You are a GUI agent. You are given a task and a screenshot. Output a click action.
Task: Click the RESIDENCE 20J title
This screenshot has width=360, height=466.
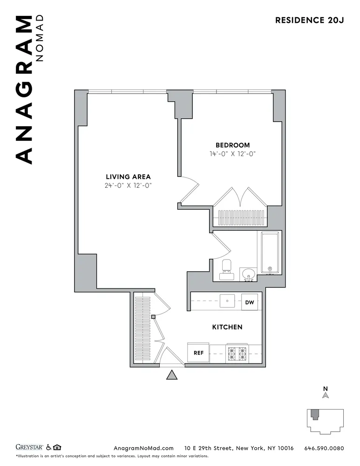(309, 20)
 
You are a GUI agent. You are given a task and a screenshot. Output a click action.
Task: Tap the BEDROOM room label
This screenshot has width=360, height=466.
(232, 145)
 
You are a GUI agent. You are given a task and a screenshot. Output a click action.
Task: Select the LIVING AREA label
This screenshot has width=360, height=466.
(128, 177)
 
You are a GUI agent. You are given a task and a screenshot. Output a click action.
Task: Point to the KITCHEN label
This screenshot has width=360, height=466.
(227, 327)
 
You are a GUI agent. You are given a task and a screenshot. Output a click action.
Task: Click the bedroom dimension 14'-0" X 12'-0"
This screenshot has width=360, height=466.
(232, 154)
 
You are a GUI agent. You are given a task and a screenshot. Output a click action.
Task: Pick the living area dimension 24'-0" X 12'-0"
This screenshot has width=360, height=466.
(128, 185)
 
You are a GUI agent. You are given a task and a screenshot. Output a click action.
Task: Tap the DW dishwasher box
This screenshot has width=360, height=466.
(250, 302)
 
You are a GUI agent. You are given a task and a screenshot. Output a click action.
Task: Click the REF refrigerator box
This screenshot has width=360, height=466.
(198, 353)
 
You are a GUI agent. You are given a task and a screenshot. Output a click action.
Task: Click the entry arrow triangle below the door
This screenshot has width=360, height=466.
(172, 375)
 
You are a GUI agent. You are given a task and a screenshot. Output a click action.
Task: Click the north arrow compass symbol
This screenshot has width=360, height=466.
(326, 395)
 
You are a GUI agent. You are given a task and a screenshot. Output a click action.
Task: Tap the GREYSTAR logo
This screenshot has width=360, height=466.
(29, 448)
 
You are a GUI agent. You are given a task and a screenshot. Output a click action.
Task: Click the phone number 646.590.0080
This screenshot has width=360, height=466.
(324, 448)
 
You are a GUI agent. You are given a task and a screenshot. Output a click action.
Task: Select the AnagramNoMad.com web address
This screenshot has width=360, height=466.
(144, 448)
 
